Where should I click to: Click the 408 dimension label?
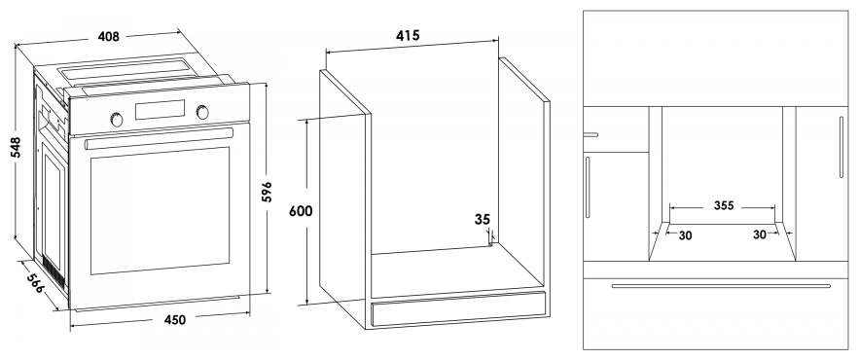109,37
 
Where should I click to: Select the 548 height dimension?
16,147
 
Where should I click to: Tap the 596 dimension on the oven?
267,192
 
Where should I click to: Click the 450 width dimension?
175,319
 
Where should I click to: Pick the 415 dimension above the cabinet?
408,36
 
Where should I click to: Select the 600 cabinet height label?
301,211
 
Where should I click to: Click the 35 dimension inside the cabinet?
483,220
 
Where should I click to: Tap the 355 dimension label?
724,206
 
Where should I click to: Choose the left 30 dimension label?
685,235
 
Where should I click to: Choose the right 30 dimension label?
760,234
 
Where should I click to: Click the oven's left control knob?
117,120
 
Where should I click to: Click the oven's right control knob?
202,112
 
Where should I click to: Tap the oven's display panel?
160,110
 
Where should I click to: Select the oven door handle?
159,138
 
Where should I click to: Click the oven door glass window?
160,210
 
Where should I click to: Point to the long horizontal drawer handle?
721,285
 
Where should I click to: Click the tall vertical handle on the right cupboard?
841,147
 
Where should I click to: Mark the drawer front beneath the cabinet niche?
458,309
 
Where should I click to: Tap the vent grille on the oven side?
54,272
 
